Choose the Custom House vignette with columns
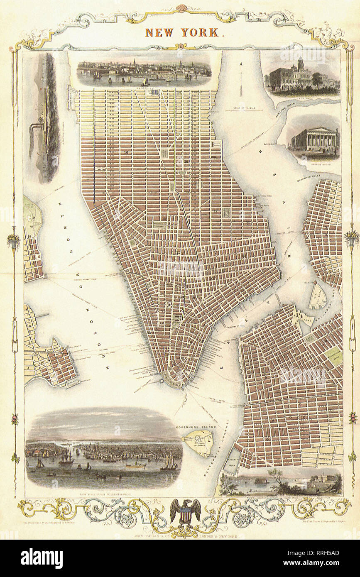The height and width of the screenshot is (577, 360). click(315, 141)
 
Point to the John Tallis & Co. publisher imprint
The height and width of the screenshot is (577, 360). click(180, 535)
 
